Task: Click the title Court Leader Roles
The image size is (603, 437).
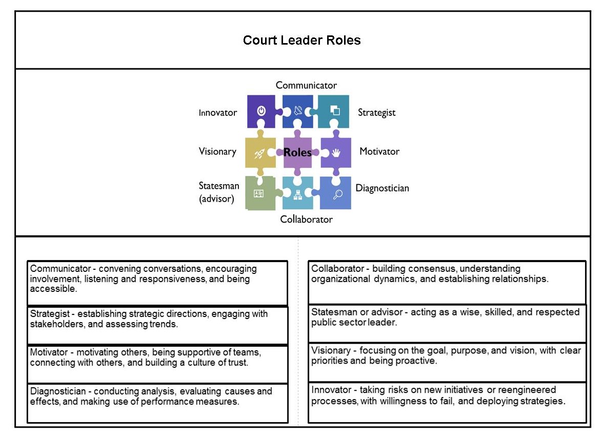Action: [301, 41]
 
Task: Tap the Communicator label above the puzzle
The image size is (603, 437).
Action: [306, 85]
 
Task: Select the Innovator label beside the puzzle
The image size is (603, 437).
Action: [218, 113]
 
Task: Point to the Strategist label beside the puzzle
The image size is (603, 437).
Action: [376, 113]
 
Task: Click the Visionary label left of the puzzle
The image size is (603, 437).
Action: [217, 151]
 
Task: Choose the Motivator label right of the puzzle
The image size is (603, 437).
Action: [379, 151]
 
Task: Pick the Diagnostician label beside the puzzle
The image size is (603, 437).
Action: [382, 188]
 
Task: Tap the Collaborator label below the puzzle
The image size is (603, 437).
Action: [306, 220]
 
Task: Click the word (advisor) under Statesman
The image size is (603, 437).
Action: [216, 199]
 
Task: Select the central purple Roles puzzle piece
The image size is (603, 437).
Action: [297, 152]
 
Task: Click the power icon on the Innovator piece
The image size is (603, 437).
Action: [261, 110]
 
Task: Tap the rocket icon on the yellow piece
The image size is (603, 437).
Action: [259, 153]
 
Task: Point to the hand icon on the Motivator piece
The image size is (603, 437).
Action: [335, 153]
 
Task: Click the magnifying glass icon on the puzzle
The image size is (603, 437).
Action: [337, 194]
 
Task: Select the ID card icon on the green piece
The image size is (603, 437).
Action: [258, 194]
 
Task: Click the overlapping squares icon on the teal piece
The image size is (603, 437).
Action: [335, 110]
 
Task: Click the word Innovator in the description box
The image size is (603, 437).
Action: [330, 390]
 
